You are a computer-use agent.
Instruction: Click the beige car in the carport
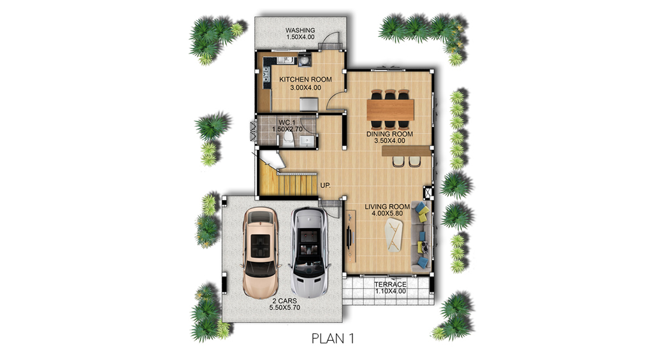point(261,252)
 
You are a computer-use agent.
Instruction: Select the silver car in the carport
point(310,252)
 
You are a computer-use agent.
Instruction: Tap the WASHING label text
point(300,31)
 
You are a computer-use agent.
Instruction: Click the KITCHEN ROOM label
point(305,80)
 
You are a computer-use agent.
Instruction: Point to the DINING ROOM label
point(389,134)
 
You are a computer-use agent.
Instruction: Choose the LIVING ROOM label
point(387,206)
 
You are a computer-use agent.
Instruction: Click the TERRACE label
point(390,284)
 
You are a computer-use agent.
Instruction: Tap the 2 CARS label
point(285,301)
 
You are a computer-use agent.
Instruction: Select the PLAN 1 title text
point(333,338)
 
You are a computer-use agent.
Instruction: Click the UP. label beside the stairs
point(326,185)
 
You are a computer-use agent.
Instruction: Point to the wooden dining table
point(390,109)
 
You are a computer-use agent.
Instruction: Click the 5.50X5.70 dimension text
point(285,307)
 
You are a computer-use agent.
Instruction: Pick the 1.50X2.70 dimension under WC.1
point(287,129)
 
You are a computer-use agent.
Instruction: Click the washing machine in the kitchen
point(305,61)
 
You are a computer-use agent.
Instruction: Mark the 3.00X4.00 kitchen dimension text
point(305,88)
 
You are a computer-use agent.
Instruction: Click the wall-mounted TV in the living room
point(349,234)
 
